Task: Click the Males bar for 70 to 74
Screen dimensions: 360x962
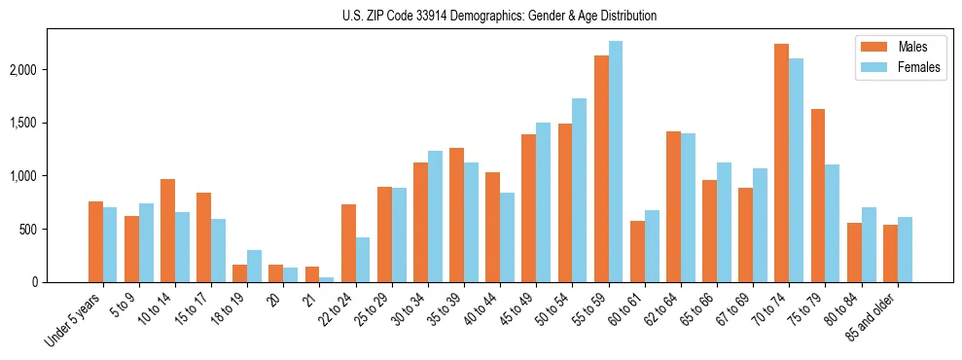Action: (781, 162)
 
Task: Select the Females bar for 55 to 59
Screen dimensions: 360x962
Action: (616, 162)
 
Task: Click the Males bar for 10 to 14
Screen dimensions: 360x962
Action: (167, 231)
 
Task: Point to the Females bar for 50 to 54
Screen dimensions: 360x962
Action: (580, 190)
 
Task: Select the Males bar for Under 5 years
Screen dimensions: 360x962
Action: (95, 241)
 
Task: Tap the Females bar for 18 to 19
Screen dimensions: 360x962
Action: (254, 266)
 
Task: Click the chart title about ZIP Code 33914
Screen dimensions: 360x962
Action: (499, 16)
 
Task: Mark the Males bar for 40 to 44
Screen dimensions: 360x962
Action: (492, 227)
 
